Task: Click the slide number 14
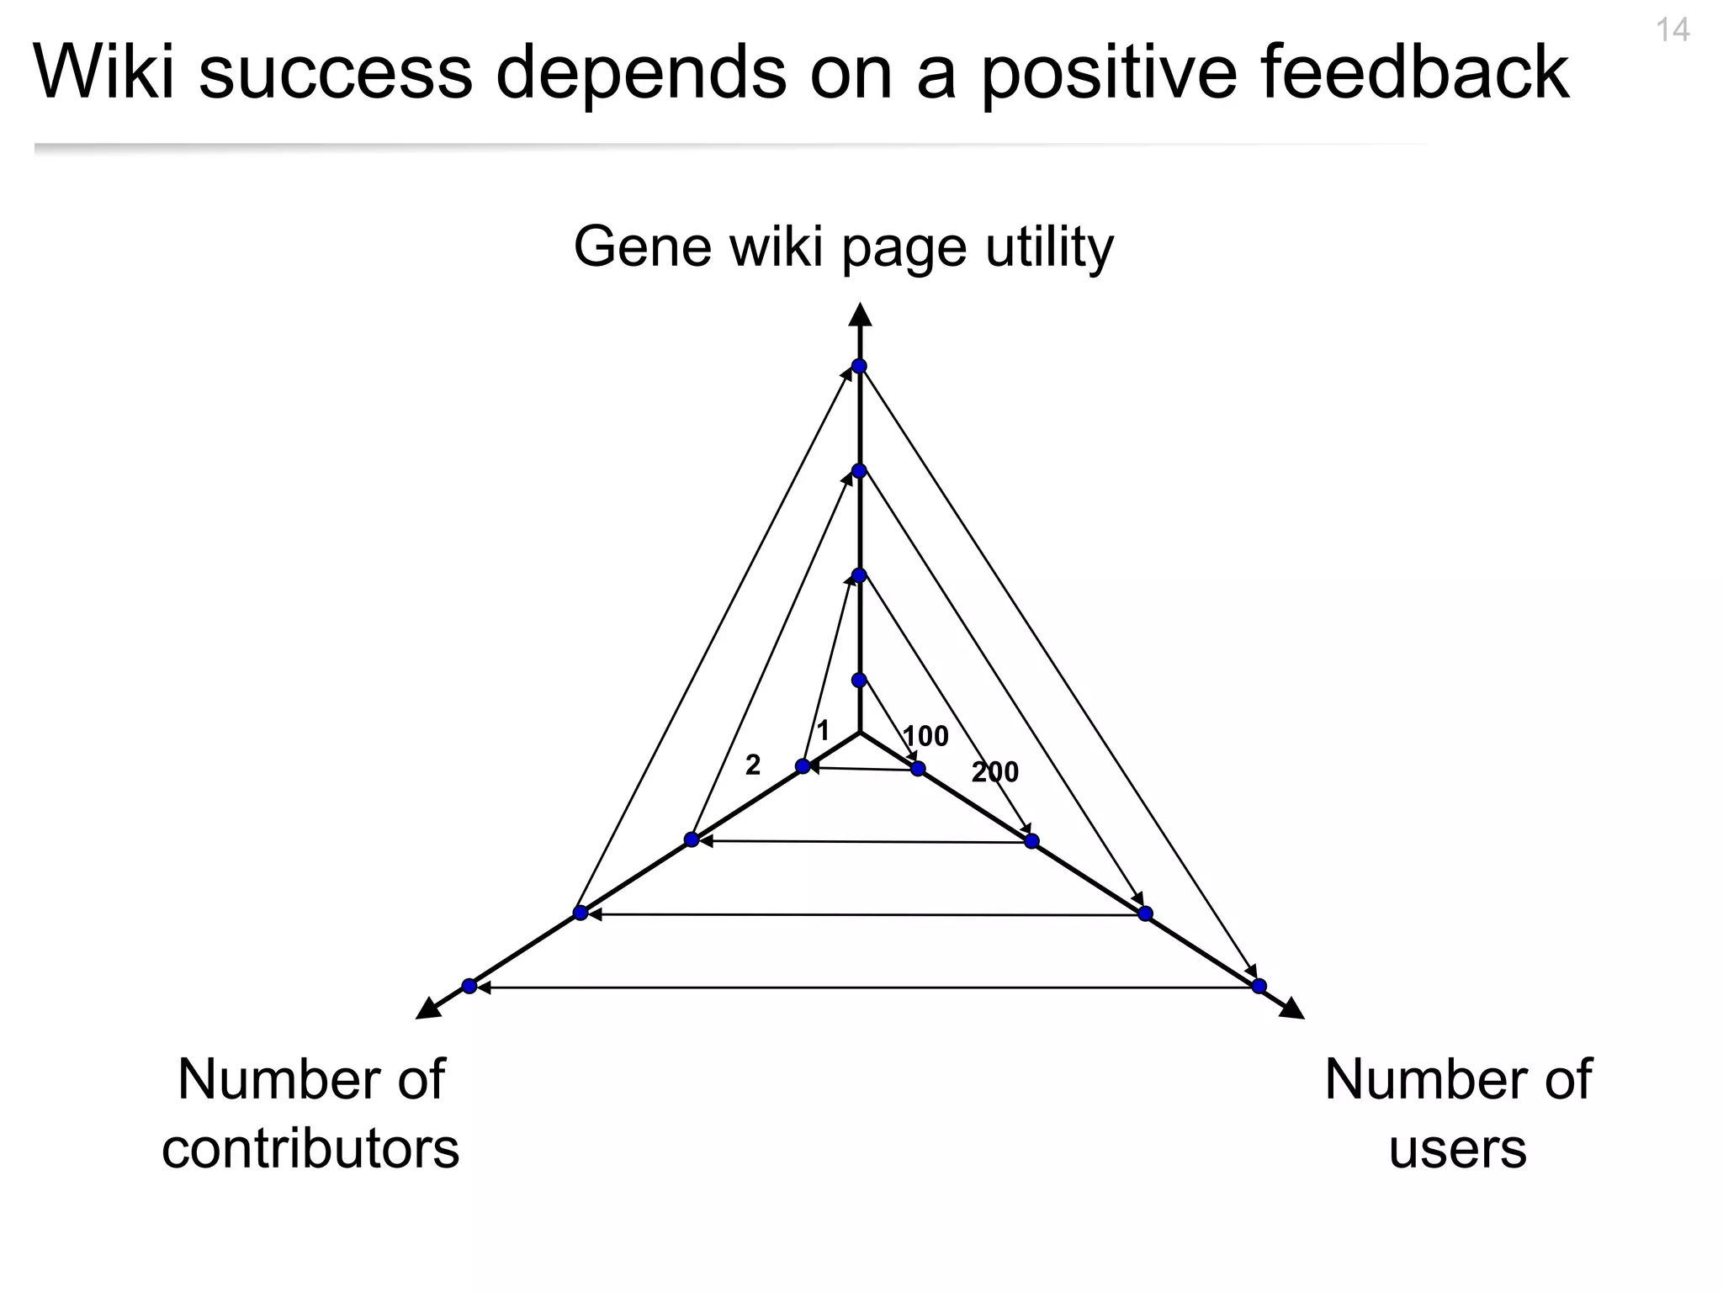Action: click(1673, 31)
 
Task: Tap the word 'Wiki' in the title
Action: click(103, 72)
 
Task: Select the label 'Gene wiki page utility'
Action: click(843, 247)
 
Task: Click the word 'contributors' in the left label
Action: click(310, 1149)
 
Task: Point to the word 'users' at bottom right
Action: click(1457, 1149)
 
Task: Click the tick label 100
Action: click(925, 736)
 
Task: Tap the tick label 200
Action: click(995, 771)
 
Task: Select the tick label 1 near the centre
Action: click(823, 730)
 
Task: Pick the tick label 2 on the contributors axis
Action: click(753, 765)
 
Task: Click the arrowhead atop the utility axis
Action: click(859, 314)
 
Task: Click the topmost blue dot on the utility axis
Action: click(859, 366)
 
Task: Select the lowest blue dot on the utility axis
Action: click(859, 680)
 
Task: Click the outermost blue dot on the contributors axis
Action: click(469, 986)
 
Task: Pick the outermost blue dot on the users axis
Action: click(1259, 986)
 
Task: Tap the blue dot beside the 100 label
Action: click(918, 768)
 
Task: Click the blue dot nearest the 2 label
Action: click(803, 766)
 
